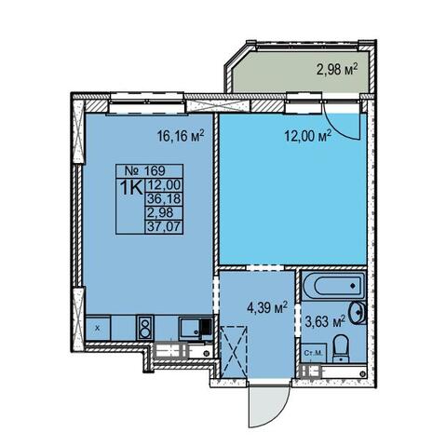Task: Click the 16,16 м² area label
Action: click(181, 136)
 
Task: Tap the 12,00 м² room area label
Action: click(308, 136)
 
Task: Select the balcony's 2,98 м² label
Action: click(337, 70)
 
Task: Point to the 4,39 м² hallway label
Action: click(267, 308)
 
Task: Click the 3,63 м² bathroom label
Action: click(325, 321)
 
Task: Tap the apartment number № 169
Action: click(144, 170)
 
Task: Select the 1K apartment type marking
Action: click(131, 188)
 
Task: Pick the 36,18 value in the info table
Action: click(164, 198)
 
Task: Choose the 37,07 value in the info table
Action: click(164, 227)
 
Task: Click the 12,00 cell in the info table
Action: click(164, 185)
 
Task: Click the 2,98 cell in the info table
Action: click(160, 212)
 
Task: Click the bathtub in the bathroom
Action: click(334, 286)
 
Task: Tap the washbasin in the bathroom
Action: click(358, 313)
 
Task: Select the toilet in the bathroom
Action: click(341, 348)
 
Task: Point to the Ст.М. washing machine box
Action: click(314, 353)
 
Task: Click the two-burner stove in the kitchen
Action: click(144, 327)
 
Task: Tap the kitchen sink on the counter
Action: click(195, 327)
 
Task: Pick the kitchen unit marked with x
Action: click(98, 328)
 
